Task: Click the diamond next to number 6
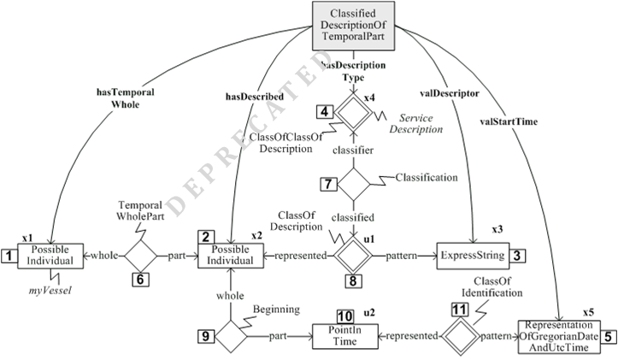142,254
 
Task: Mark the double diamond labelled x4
352,112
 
